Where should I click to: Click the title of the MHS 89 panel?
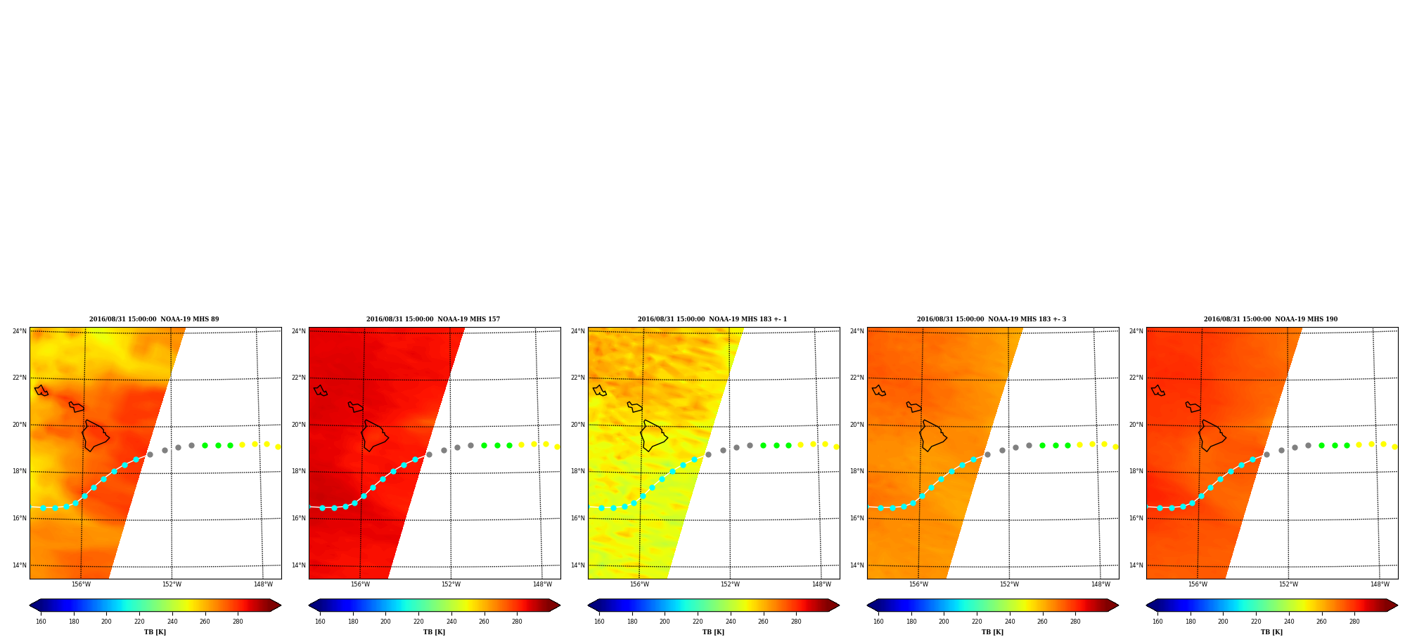[x=154, y=319]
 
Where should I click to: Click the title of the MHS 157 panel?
[x=433, y=319]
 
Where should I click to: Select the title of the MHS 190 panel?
[x=1271, y=319]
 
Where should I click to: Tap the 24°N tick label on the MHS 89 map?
[x=20, y=331]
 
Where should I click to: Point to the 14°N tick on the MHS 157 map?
[x=299, y=565]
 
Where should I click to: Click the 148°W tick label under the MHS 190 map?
[x=1380, y=584]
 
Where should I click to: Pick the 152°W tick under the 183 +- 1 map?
[x=730, y=584]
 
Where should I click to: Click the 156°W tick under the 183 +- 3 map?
[x=918, y=584]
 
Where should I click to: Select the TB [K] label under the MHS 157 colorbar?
[x=434, y=632]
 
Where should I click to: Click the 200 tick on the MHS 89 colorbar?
[x=106, y=622]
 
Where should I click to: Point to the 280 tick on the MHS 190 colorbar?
[x=1354, y=622]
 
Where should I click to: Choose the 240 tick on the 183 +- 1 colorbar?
[x=731, y=622]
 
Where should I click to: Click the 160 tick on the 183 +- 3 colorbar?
[x=878, y=622]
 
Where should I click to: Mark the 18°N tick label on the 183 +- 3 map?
[x=857, y=472]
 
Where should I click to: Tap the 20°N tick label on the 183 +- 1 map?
[x=578, y=425]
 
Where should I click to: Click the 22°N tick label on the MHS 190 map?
[x=1136, y=378]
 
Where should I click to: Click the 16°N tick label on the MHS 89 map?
[x=20, y=518]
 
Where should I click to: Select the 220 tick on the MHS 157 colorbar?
[x=418, y=622]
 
